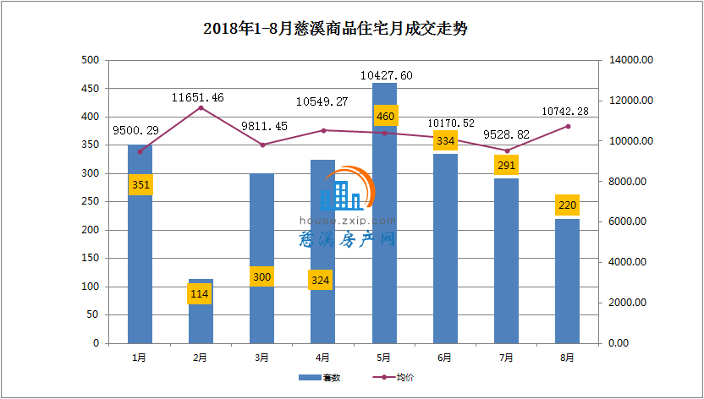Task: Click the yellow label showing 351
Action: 140,185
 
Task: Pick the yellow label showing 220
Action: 567,205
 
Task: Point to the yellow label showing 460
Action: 385,115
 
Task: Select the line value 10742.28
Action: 566,112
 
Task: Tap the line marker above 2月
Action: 201,107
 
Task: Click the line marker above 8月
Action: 568,126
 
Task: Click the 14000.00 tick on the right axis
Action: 630,60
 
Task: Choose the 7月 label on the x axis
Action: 506,358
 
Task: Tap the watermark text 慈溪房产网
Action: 348,239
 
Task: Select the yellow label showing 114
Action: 201,295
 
